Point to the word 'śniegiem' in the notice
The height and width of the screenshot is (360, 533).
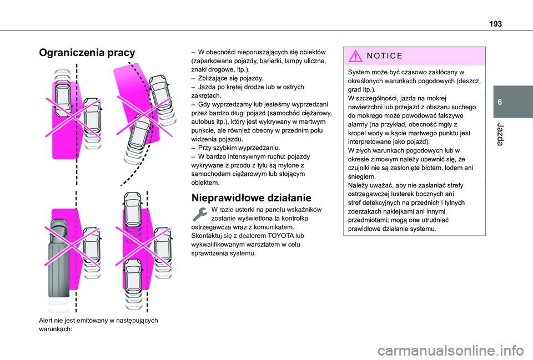(364, 176)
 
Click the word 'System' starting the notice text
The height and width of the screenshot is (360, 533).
(359, 73)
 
